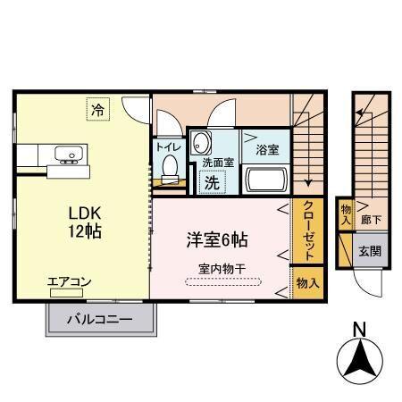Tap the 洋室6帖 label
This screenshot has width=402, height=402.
[x=217, y=240]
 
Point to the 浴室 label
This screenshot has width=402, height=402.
[x=267, y=149]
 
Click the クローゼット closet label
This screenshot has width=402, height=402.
[x=306, y=229]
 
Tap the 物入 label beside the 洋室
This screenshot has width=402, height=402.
[x=306, y=283]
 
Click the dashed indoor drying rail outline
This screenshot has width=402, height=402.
[x=222, y=282]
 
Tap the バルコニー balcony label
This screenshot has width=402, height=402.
[x=101, y=319]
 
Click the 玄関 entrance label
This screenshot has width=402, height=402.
[x=370, y=252]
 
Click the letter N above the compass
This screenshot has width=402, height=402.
[x=359, y=330]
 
